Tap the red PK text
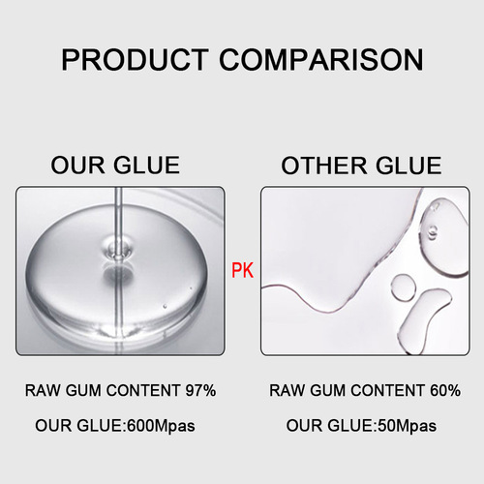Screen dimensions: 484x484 (242, 273)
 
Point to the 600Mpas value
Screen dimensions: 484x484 (161, 425)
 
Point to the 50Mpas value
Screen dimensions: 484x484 (404, 425)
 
